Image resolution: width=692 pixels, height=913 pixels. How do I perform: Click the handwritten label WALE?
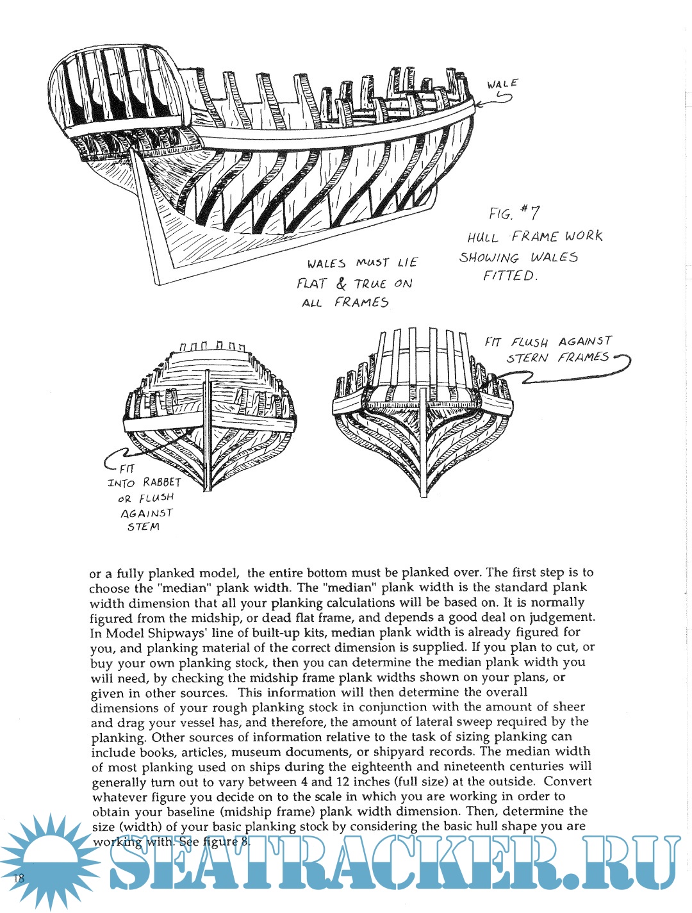pyautogui.click(x=502, y=84)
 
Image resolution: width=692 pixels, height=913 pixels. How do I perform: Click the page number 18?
pyautogui.click(x=17, y=878)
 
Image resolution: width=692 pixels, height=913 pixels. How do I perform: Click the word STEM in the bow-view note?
pyautogui.click(x=143, y=527)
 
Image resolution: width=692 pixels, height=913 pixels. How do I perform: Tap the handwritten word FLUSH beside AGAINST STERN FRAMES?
pyautogui.click(x=529, y=343)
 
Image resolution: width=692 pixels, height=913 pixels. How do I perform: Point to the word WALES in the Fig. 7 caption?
pyautogui.click(x=554, y=258)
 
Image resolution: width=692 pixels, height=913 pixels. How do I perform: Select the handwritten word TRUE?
pyautogui.click(x=370, y=284)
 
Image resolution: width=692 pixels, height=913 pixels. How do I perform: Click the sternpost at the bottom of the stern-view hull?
pyautogui.click(x=424, y=474)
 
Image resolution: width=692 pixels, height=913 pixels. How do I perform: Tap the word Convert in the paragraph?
pyautogui.click(x=568, y=782)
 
